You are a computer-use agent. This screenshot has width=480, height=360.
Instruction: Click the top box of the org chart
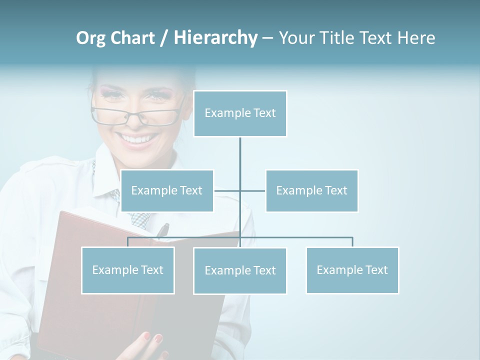pyautogui.click(x=240, y=113)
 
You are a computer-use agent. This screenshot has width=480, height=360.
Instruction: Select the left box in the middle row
pyautogui.click(x=167, y=190)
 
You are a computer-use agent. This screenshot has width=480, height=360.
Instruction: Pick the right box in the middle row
pyautogui.click(x=311, y=190)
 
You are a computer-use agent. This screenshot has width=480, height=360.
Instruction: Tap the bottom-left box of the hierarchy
pyautogui.click(x=128, y=270)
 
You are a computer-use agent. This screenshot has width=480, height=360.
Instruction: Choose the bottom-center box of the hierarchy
pyautogui.click(x=240, y=270)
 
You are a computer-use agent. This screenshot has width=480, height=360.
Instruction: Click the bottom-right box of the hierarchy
pyautogui.click(x=352, y=270)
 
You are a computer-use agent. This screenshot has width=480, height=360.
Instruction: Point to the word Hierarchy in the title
pyautogui.click(x=215, y=38)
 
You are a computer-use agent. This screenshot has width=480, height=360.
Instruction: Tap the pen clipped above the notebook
pyautogui.click(x=163, y=230)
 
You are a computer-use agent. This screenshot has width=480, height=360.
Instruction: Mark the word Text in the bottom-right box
pyautogui.click(x=376, y=270)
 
